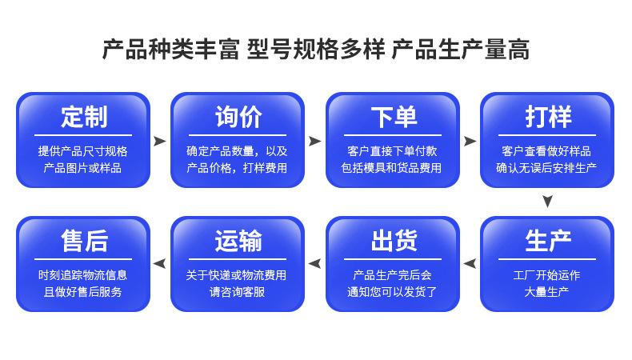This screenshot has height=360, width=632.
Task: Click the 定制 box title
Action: click(84, 117)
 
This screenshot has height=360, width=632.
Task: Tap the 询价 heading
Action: click(238, 117)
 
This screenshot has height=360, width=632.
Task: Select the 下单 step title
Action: click(394, 117)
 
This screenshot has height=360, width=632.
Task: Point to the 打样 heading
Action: click(548, 117)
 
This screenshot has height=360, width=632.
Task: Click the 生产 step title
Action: click(548, 241)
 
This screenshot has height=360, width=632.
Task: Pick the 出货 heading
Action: click(394, 241)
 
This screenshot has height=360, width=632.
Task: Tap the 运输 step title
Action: click(238, 241)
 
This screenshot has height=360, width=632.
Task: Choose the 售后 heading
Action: click(84, 241)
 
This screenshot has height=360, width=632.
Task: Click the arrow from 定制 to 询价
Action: click(160, 141)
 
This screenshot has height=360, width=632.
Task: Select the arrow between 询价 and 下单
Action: click(314, 141)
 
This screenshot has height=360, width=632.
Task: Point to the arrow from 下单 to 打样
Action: click(470, 141)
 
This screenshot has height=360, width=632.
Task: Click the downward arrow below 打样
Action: click(547, 201)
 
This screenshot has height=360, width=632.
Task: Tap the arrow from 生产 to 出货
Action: click(470, 264)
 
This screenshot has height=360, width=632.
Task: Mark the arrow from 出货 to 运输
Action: click(314, 264)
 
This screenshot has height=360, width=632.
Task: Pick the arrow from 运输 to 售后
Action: click(160, 264)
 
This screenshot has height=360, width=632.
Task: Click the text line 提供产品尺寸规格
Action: click(82, 151)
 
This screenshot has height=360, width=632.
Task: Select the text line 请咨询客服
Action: click(237, 292)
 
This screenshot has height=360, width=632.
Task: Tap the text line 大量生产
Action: click(546, 292)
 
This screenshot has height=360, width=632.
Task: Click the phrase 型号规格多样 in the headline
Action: click(315, 50)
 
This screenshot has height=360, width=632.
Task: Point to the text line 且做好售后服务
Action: click(82, 292)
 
